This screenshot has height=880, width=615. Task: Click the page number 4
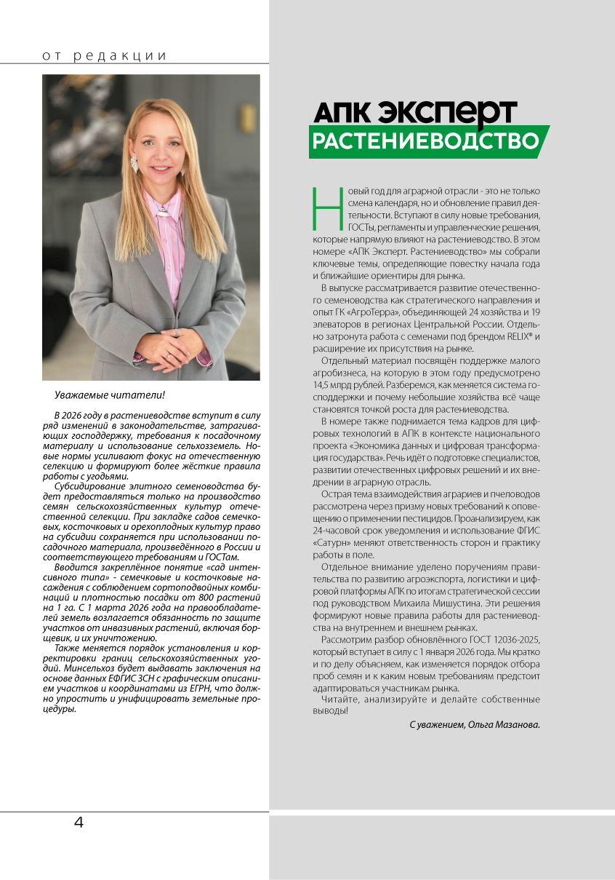79,823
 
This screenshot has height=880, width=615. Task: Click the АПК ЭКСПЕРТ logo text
414,112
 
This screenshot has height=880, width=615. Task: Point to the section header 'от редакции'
105,56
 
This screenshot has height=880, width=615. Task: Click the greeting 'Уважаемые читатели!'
110,395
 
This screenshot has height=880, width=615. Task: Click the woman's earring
134,162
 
